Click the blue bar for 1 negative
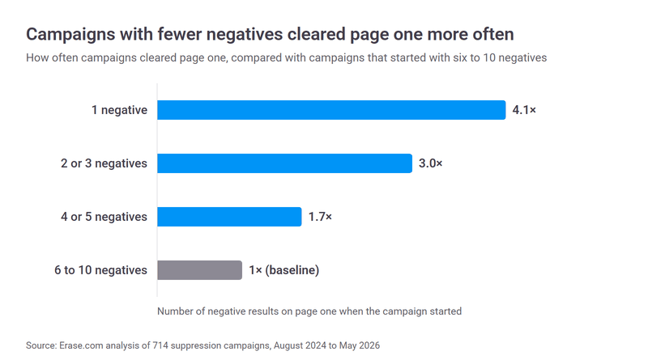(x=331, y=110)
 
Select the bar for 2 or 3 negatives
(x=284, y=163)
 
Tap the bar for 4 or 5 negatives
(x=229, y=217)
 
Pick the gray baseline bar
(x=199, y=270)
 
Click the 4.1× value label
(x=524, y=110)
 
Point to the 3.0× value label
(x=430, y=163)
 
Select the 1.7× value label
(x=320, y=217)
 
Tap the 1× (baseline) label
(x=284, y=270)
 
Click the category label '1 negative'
(x=119, y=110)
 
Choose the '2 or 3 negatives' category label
(x=104, y=163)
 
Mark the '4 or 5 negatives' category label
(x=104, y=217)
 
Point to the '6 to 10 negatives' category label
(x=100, y=270)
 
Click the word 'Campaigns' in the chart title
(x=70, y=35)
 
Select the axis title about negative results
(x=309, y=311)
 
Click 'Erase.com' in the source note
(x=81, y=345)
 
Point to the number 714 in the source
(x=160, y=345)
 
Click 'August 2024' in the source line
(x=300, y=345)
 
